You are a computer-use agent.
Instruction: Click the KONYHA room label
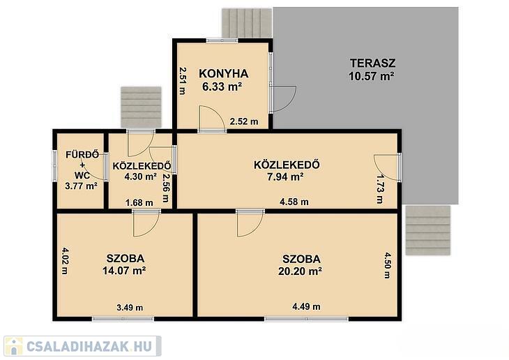[x=224, y=74]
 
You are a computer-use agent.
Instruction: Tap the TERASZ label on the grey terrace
[x=372, y=63]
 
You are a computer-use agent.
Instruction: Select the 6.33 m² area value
[x=222, y=87]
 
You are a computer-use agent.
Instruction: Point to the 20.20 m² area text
[x=300, y=271]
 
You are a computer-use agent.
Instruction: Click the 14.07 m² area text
[x=124, y=270]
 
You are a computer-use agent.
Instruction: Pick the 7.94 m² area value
[x=285, y=177]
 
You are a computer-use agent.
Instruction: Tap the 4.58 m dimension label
[x=294, y=202]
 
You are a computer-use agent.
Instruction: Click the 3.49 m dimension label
[x=130, y=308]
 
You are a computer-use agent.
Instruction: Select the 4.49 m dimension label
[x=306, y=306]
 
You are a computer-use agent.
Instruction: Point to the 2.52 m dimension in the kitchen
[x=244, y=121]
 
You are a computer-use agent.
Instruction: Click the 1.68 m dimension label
[x=139, y=203]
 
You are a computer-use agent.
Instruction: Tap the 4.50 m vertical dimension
[x=388, y=265]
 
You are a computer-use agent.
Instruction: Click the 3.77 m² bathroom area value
[x=81, y=186]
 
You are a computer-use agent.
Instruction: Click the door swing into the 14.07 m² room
[x=146, y=225]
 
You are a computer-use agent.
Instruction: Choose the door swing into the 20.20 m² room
[x=250, y=225]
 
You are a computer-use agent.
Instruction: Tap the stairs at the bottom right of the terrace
[x=428, y=230]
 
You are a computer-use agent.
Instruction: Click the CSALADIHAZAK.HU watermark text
[x=89, y=346]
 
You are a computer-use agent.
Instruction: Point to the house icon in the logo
[x=14, y=346]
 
